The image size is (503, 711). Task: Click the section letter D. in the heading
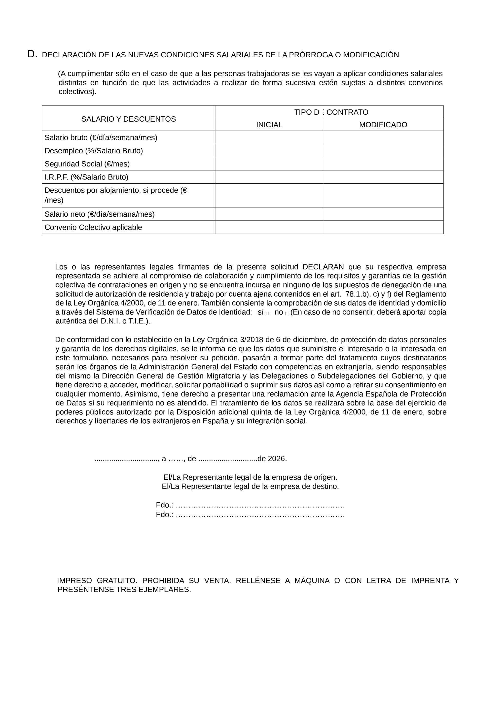32,54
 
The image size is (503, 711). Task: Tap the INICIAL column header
269,125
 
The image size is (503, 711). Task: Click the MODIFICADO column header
383,125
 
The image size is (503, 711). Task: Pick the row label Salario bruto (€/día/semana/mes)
101,138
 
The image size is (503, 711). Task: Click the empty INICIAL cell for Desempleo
269,151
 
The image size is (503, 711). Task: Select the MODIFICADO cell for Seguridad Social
383,164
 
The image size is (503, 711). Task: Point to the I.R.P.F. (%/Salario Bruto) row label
86,177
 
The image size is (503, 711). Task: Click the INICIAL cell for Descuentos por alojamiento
269,195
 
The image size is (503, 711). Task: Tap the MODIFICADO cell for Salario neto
383,214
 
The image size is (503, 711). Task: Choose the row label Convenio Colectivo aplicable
93,227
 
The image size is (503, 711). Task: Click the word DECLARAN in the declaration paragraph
323,267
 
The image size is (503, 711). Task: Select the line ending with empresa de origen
250,477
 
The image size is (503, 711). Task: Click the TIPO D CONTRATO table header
331,112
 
